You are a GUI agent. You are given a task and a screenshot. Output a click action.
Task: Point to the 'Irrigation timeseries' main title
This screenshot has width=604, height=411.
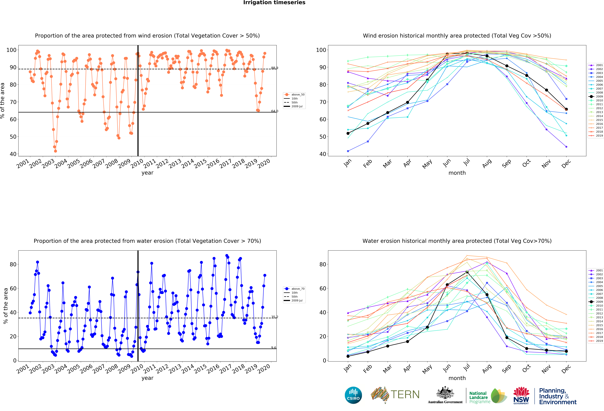[x=274, y=3]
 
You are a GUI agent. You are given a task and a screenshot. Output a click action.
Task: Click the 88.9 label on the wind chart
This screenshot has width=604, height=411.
[x=274, y=68]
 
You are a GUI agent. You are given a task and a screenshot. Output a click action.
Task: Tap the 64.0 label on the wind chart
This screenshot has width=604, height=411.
[x=274, y=111]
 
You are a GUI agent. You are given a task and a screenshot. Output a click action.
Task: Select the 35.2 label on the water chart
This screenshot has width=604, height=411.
[x=274, y=317]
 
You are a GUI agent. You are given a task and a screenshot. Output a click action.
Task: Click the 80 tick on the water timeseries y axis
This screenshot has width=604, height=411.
[x=13, y=264]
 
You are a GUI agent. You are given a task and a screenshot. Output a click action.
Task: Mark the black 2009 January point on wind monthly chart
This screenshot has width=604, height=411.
[x=348, y=133]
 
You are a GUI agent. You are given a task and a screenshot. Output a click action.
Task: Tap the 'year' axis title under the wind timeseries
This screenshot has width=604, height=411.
[x=147, y=173]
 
